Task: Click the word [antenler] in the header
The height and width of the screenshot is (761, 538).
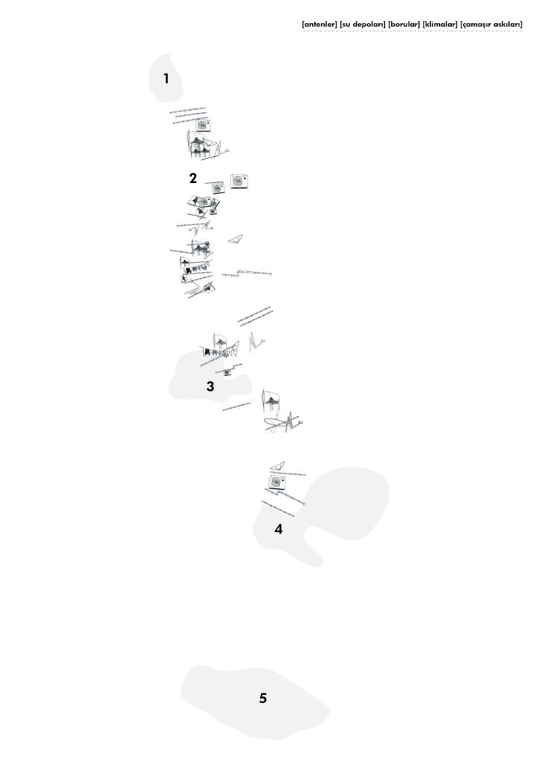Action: pyautogui.click(x=320, y=23)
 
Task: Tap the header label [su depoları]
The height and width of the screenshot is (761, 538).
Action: pyautogui.click(x=363, y=24)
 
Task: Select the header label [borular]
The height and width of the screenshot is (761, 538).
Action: pyautogui.click(x=404, y=23)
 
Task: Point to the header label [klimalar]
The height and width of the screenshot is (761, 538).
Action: pyautogui.click(x=440, y=23)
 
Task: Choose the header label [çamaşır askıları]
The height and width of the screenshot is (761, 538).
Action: pyautogui.click(x=491, y=24)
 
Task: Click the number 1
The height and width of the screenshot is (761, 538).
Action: pyautogui.click(x=166, y=78)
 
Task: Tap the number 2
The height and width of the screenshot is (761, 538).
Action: pyautogui.click(x=193, y=178)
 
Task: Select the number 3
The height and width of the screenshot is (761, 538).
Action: pyautogui.click(x=210, y=386)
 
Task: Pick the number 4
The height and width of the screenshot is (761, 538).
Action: pyautogui.click(x=279, y=528)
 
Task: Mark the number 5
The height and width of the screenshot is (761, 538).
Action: pyautogui.click(x=263, y=698)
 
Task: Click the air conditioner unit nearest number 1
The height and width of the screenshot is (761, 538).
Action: pyautogui.click(x=203, y=125)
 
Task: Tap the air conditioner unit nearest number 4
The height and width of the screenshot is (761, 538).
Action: pyautogui.click(x=277, y=482)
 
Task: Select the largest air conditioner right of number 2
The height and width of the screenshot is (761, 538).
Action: pyautogui.click(x=239, y=181)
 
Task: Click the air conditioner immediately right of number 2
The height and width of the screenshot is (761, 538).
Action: pyautogui.click(x=218, y=188)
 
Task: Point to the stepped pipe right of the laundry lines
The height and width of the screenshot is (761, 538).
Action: pyautogui.click(x=247, y=273)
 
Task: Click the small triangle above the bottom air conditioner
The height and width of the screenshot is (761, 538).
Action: pyautogui.click(x=277, y=466)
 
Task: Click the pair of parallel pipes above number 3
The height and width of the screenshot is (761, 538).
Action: pyautogui.click(x=255, y=316)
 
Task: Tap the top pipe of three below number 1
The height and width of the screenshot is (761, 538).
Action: pyautogui.click(x=188, y=110)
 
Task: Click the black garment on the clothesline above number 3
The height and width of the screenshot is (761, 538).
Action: pyautogui.click(x=207, y=352)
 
